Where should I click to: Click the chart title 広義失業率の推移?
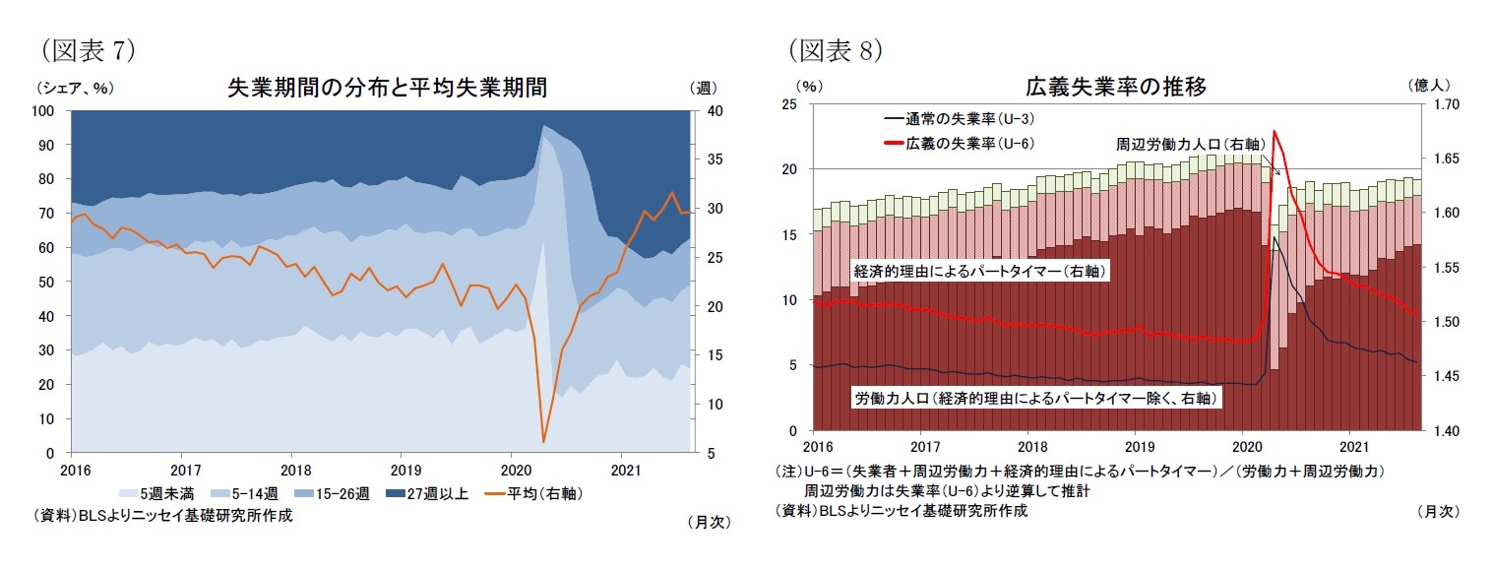point(1115,87)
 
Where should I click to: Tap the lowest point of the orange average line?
point(543,442)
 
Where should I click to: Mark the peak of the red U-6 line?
point(1275,131)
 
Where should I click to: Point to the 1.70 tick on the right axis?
point(1446,104)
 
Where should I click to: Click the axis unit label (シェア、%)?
point(74,88)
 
